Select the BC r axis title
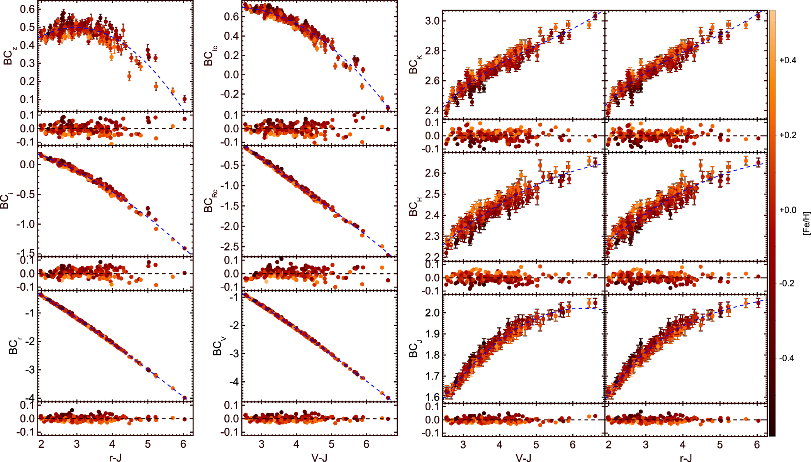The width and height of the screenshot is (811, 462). tap(15, 345)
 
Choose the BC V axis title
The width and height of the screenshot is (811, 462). tap(219, 345)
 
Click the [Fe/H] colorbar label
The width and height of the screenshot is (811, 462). tap(806, 223)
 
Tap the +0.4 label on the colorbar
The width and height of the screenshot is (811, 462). tap(787, 60)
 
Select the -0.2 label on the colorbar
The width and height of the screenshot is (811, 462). tap(787, 283)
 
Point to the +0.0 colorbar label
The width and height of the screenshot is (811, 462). tap(787, 210)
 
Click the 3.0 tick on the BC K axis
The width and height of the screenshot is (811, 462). tap(433, 21)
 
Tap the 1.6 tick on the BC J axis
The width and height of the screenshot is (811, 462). tap(433, 397)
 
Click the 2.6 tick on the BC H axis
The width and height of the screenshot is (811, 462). tap(433, 173)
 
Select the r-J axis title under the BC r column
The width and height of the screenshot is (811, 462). tap(115, 457)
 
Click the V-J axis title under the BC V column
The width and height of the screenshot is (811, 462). tap(319, 457)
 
